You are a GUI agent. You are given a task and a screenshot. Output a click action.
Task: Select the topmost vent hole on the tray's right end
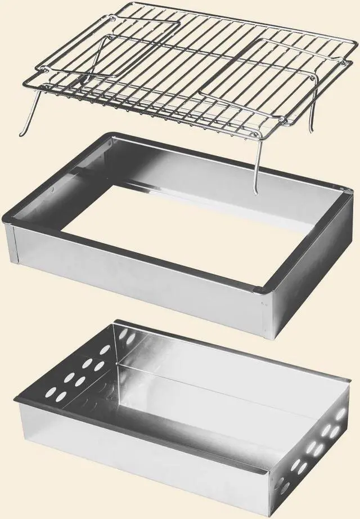pos(340,414)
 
